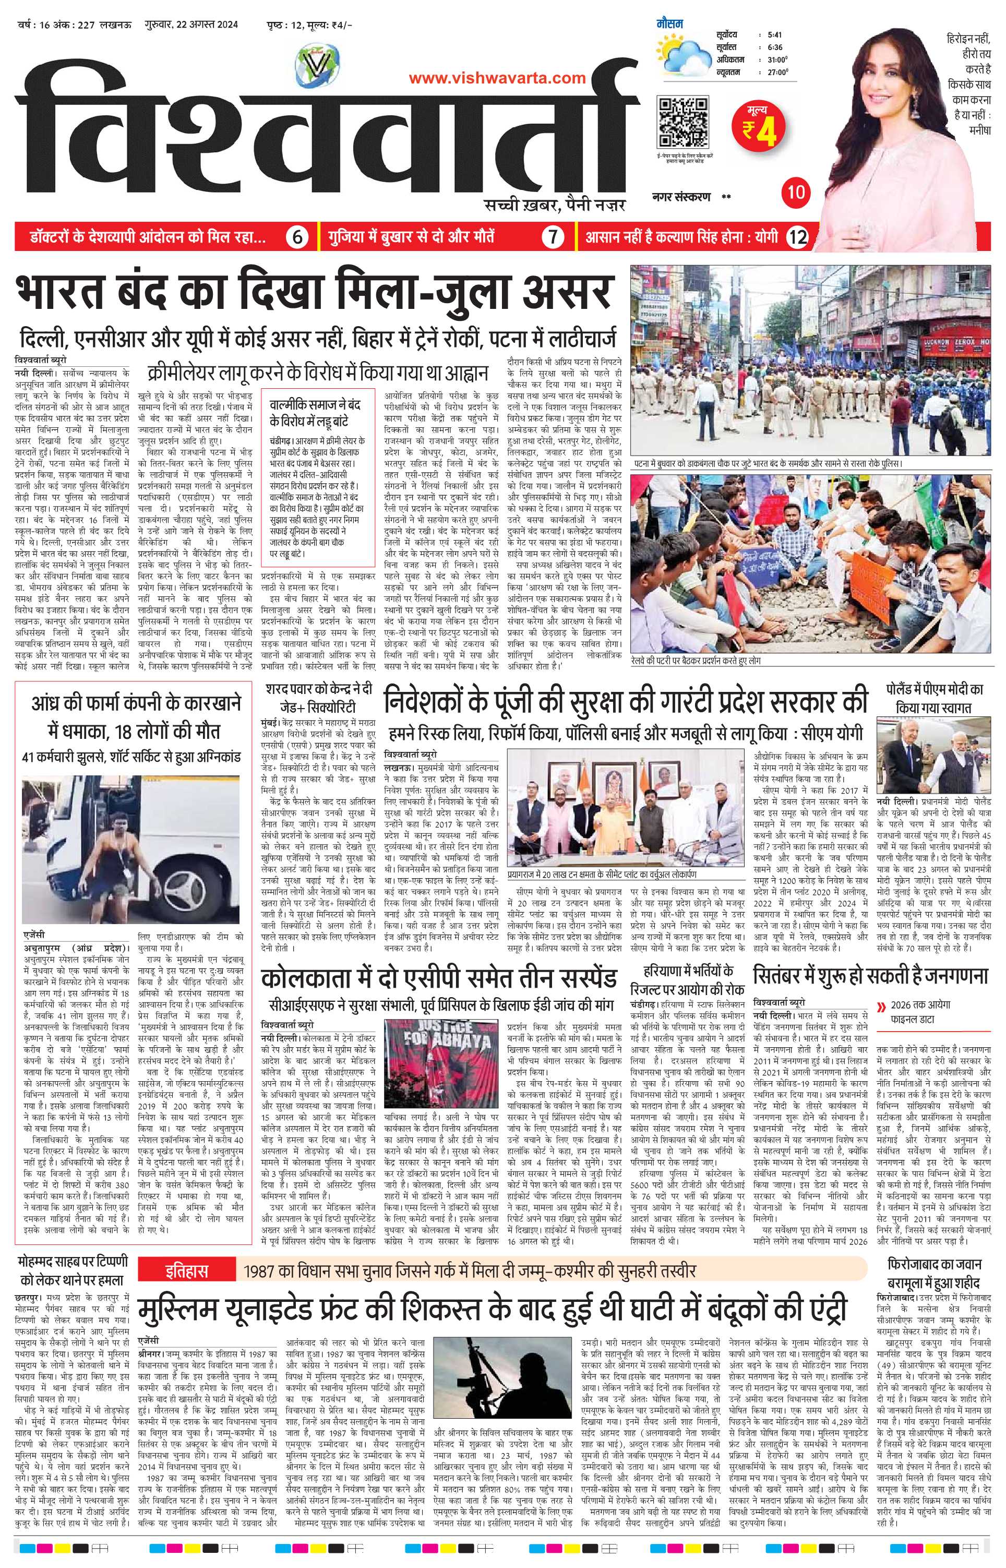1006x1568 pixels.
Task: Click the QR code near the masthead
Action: [x=682, y=122]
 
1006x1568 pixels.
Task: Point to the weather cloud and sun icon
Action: [x=682, y=54]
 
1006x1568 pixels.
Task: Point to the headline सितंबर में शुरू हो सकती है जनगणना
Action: [x=869, y=976]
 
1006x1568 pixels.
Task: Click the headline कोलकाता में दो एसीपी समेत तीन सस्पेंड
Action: [x=439, y=979]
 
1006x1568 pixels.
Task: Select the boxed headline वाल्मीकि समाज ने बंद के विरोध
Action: [x=318, y=413]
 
